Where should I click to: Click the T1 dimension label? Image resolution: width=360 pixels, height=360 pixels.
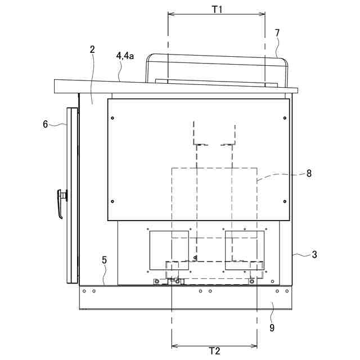[x=217, y=9]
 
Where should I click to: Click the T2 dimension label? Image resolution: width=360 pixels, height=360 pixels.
[x=214, y=351]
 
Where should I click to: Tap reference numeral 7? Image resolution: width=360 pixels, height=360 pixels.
[x=277, y=33]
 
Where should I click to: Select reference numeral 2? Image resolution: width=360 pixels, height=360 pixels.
[x=92, y=49]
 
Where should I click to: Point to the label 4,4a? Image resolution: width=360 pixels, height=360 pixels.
[x=125, y=56]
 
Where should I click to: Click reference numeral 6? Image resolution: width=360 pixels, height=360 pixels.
[x=46, y=124]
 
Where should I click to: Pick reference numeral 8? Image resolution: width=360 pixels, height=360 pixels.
[x=309, y=173]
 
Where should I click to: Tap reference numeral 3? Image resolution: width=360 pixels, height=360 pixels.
[x=314, y=254]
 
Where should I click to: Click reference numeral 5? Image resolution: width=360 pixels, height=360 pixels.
[x=104, y=260]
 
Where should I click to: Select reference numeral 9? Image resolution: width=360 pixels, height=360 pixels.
[x=272, y=328]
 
